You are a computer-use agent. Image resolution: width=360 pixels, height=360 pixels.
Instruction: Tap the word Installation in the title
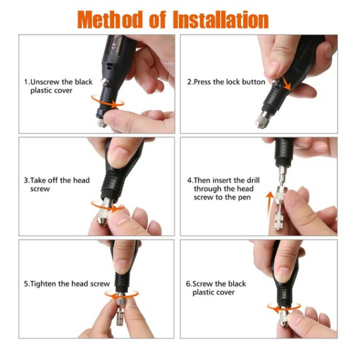click(221, 20)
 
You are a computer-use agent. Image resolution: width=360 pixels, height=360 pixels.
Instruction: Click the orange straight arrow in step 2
click(286, 83)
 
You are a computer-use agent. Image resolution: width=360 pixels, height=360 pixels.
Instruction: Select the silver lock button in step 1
click(105, 81)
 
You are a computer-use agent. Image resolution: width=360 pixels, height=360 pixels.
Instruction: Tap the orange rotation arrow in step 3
click(108, 207)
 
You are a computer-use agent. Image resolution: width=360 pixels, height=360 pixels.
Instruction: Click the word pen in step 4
click(244, 198)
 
